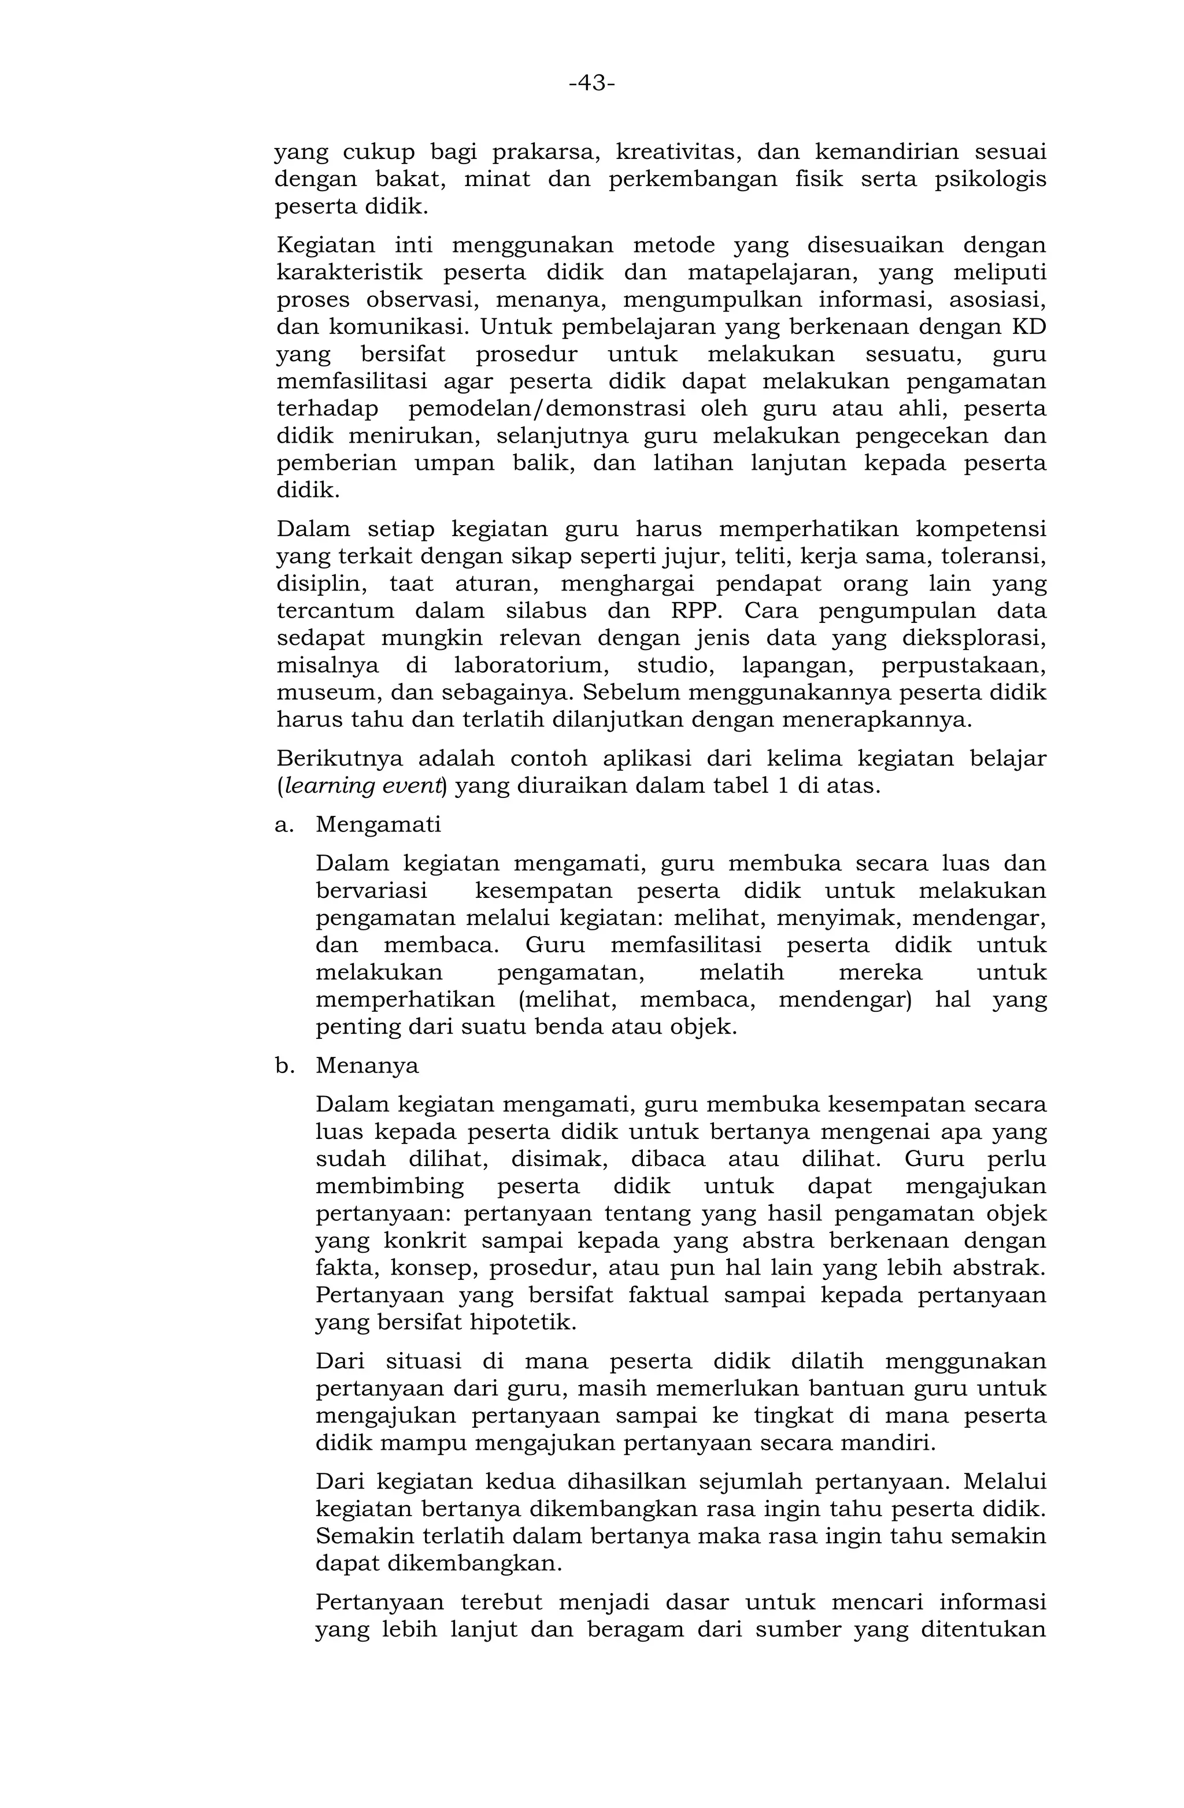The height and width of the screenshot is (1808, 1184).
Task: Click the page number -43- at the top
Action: click(x=591, y=82)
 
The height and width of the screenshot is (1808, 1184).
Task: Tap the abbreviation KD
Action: click(x=1028, y=328)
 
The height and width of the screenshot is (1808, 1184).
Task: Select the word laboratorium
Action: click(x=532, y=666)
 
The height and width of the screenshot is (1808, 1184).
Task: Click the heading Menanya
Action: click(x=367, y=1066)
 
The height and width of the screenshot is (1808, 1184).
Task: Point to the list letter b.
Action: click(x=283, y=1066)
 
